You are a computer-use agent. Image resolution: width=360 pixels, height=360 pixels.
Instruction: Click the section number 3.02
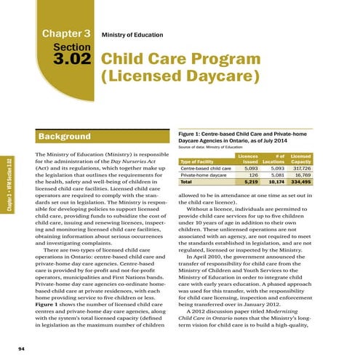(67, 61)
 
